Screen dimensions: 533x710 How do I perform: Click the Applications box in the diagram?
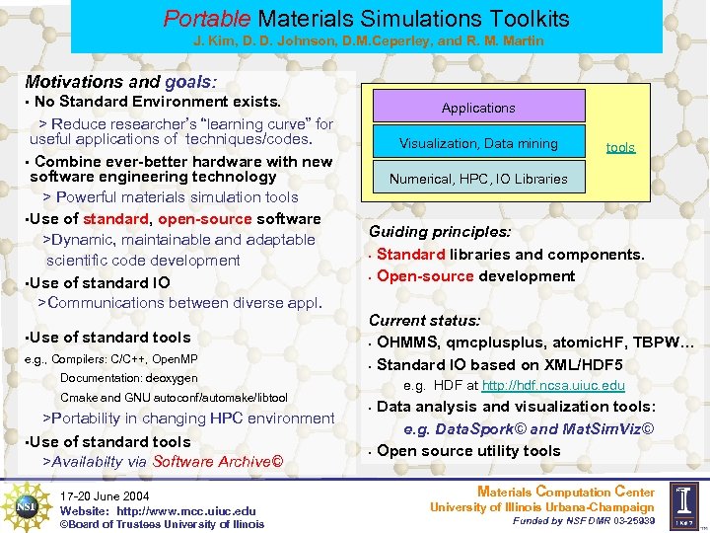coord(478,108)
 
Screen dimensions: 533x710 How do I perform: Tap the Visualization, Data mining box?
coord(478,143)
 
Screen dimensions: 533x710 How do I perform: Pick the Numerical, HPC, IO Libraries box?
coord(478,179)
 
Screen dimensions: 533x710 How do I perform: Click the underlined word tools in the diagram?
coord(620,147)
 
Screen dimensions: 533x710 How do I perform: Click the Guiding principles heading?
coord(440,232)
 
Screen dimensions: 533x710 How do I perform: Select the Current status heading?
coord(425,321)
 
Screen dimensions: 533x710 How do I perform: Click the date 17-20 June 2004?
coord(105,495)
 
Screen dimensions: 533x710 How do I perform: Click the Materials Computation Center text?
coord(565,492)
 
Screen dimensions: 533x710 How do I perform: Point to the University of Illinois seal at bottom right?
coord(686,505)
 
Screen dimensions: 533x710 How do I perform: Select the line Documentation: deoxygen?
coord(128,378)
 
